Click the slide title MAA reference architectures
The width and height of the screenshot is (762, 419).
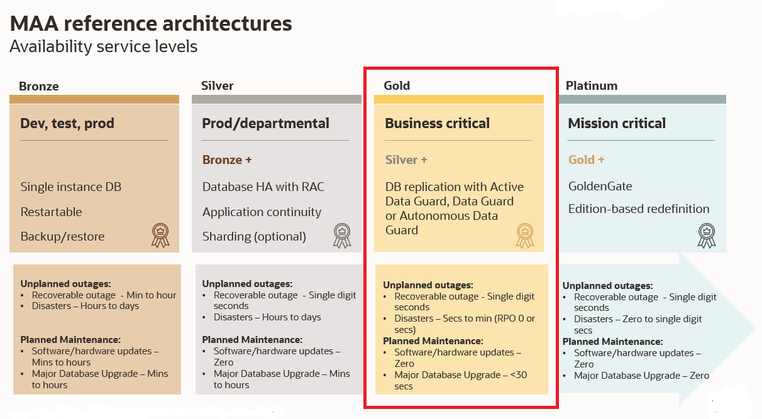tap(151, 23)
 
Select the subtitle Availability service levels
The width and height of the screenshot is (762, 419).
tap(103, 46)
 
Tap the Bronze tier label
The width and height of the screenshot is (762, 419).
tap(39, 86)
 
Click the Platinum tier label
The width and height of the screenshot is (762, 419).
tap(592, 85)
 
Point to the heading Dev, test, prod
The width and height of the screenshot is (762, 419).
tap(67, 123)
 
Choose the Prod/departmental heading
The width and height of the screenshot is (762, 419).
tap(266, 123)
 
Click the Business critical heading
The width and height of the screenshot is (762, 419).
tap(437, 123)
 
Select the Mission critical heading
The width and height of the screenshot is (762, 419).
tap(617, 123)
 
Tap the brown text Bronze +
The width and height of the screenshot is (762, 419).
tap(227, 160)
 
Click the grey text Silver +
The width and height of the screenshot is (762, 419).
tap(406, 160)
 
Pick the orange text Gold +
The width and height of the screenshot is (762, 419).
tap(587, 160)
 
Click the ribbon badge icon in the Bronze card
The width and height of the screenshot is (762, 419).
tap(160, 235)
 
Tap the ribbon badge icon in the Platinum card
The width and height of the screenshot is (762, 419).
tap(707, 236)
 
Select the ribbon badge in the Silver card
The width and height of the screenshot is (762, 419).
tap(342, 236)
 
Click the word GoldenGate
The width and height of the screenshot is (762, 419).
tap(600, 186)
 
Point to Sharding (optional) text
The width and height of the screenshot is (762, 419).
tap(254, 237)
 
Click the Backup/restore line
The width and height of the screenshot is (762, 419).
tap(63, 237)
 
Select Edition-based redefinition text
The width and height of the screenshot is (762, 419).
tap(639, 209)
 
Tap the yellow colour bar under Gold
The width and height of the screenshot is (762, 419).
tap(459, 99)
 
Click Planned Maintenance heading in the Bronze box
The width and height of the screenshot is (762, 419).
tap(70, 340)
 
